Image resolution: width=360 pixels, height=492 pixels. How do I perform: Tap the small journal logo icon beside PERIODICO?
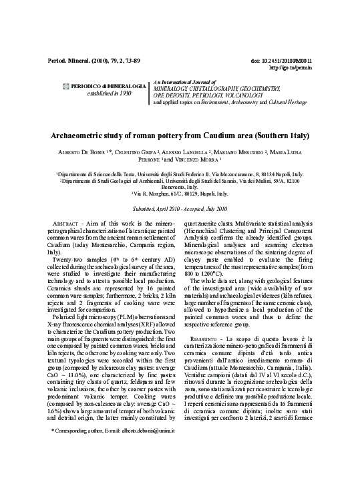[x=65, y=86]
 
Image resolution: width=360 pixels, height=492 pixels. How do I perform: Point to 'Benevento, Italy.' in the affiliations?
[x=180, y=188]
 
